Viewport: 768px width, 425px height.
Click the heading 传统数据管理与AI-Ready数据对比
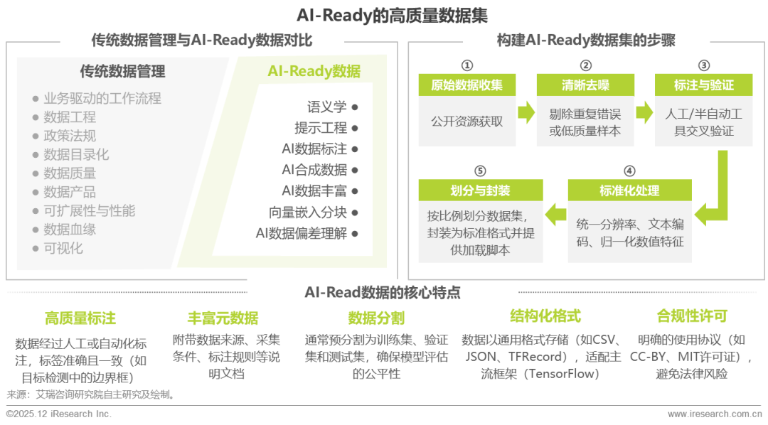coord(201,40)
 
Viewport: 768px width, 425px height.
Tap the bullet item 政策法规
coord(69,136)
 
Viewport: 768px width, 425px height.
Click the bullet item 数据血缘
coord(69,229)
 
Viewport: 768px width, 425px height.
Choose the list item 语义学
coord(327,107)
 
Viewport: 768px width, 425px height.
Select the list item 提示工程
coord(321,128)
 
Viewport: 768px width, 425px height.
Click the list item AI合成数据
coord(314,170)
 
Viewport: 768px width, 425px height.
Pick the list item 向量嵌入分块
coord(308,212)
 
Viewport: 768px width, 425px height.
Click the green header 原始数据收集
coord(466,85)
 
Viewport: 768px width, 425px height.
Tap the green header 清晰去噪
coord(585,85)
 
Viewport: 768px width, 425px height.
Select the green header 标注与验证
coord(703,85)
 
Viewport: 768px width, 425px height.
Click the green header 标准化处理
coord(629,190)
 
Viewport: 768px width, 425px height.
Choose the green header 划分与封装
coord(480,190)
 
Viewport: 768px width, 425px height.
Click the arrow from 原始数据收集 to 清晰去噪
coord(526,112)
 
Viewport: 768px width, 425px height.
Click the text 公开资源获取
coord(466,121)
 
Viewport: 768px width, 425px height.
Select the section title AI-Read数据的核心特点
coord(382,292)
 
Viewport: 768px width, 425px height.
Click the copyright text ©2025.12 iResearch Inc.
coord(58,414)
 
